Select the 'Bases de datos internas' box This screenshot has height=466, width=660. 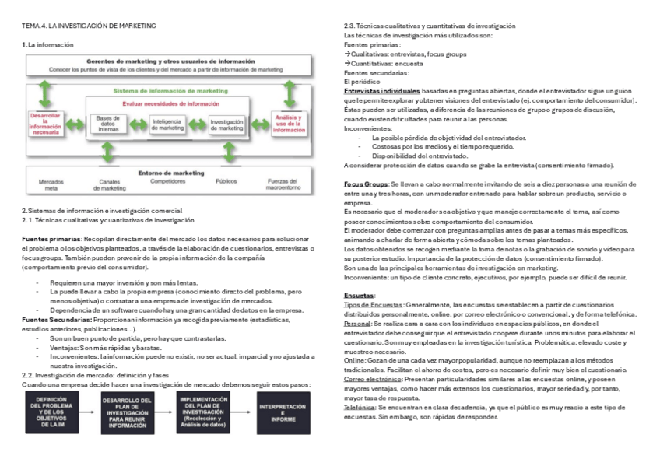coord(110,124)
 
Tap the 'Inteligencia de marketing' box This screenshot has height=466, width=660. coord(167,124)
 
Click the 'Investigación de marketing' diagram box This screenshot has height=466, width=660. coord(227,124)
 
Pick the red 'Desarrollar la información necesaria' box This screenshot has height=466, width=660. coord(46,124)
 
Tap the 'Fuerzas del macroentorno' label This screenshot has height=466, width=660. coord(289,184)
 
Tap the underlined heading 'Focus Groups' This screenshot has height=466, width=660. coord(366,184)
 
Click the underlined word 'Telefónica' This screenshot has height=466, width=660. coord(359,407)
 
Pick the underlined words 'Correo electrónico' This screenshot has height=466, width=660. coord(371,379)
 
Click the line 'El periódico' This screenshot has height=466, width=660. coord(362,82)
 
